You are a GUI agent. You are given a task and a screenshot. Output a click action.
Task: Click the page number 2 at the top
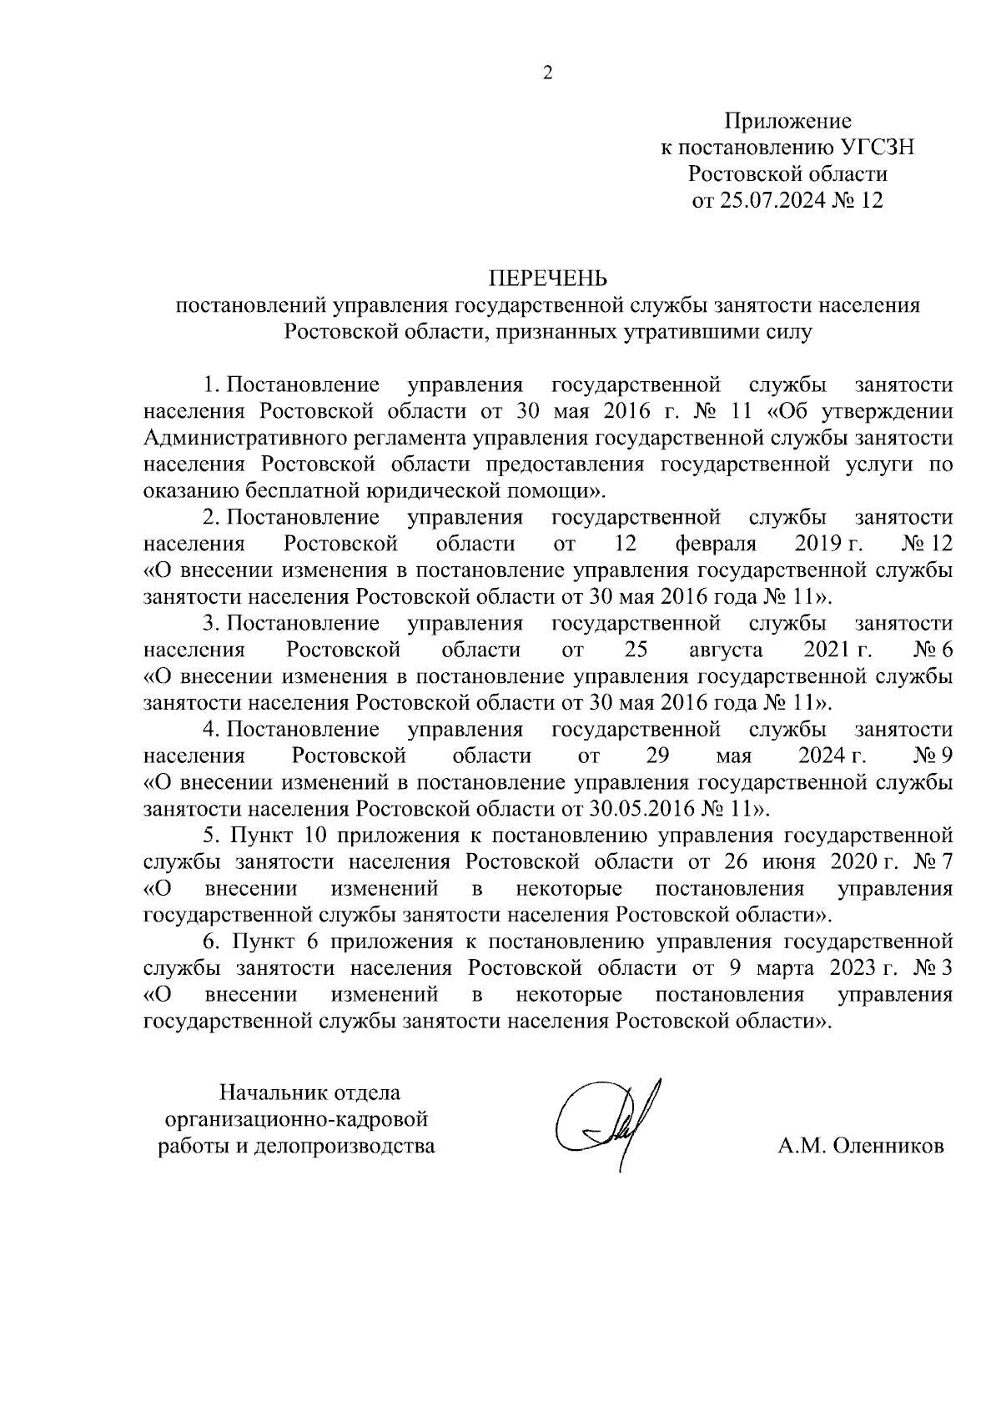point(547,73)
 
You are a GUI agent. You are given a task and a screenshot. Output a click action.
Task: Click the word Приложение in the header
point(787,122)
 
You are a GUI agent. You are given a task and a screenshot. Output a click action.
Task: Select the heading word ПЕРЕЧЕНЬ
point(547,279)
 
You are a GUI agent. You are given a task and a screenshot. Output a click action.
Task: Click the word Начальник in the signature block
point(272,1092)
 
